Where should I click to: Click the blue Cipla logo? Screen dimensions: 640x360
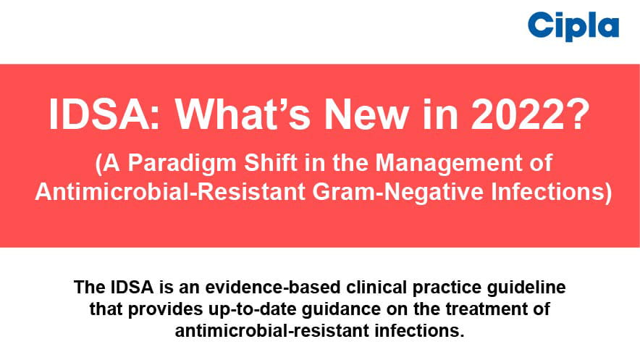coord(573,26)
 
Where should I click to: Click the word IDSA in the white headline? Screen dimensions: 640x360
coord(104,114)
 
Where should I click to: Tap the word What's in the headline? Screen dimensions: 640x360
coord(243,114)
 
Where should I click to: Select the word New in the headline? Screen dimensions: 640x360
coord(366,114)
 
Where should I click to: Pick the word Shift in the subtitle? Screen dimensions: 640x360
coord(270,162)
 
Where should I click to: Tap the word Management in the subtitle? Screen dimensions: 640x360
coord(449,163)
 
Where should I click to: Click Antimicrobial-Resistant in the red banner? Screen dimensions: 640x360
coord(170,192)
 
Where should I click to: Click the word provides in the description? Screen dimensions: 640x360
coord(165,309)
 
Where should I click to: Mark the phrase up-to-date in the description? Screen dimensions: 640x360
coord(252,309)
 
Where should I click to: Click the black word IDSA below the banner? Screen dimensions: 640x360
coord(132,288)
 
